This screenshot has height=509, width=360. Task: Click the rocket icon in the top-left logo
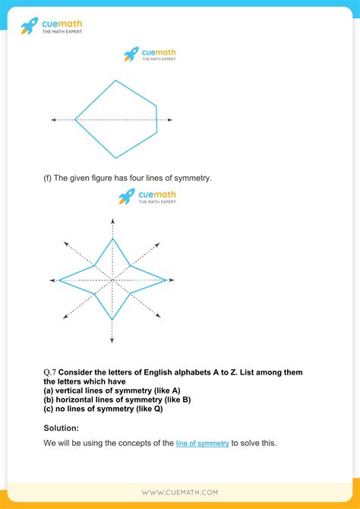point(29,26)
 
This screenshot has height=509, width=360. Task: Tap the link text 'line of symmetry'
point(202,443)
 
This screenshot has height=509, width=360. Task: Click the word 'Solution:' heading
point(61,428)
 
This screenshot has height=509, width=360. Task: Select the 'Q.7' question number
point(50,372)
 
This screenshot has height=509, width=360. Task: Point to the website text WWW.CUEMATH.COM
point(179,492)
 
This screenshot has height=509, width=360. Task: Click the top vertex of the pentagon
point(116,81)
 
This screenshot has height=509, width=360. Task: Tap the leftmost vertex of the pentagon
point(75,120)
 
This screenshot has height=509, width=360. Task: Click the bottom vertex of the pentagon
point(116,158)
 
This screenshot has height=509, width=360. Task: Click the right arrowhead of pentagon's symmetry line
point(170,120)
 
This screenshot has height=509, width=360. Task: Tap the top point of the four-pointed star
point(112,239)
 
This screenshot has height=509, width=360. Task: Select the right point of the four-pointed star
point(166,280)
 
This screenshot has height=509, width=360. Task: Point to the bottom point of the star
point(112,321)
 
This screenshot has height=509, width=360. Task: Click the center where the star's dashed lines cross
point(112,280)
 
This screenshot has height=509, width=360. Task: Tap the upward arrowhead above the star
point(112,220)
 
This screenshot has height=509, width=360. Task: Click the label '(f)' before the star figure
point(48,179)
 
